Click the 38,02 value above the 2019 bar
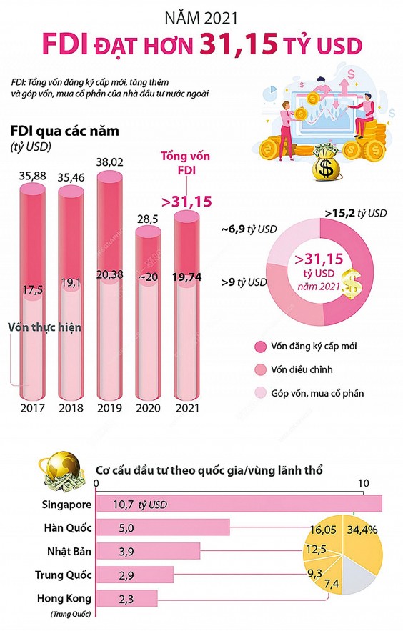tap(109, 162)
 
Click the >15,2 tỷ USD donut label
tap(355, 213)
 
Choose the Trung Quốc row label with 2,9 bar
tap(61, 574)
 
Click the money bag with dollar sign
tap(328, 164)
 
